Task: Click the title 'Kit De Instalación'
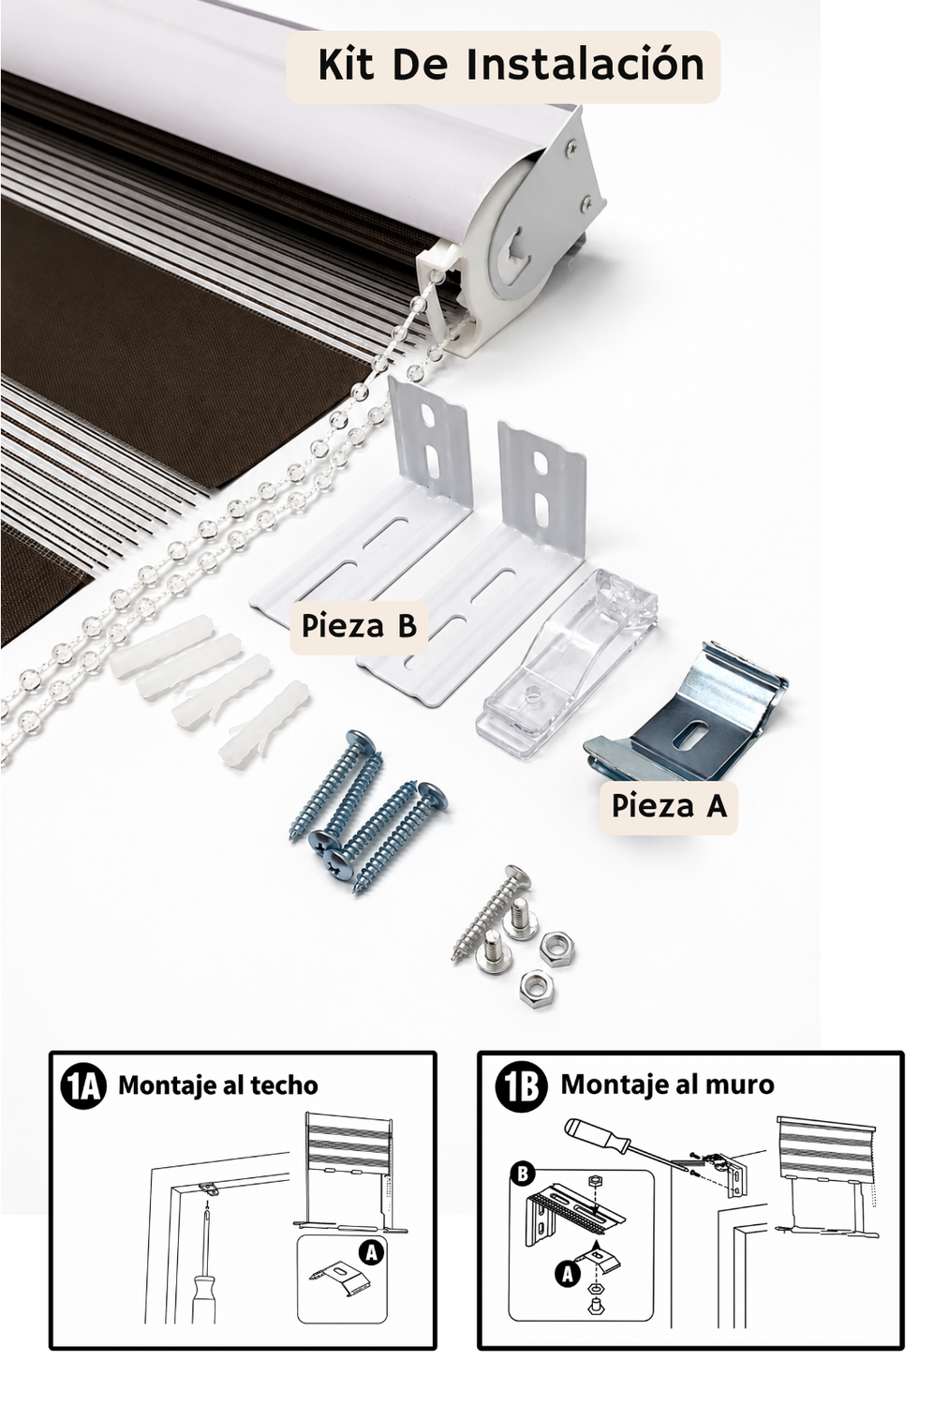(x=511, y=65)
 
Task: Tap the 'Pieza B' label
(x=359, y=626)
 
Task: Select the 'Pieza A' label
(x=669, y=806)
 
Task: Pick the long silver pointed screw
(x=492, y=913)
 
